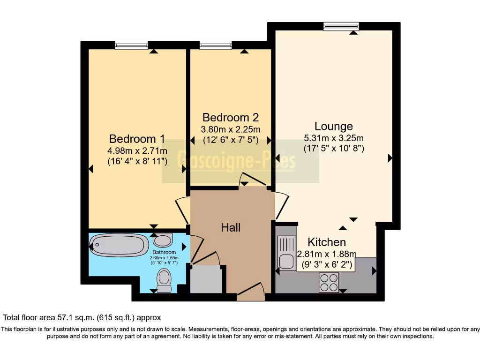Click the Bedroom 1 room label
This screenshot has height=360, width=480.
pyautogui.click(x=137, y=139)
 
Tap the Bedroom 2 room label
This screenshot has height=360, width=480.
pyautogui.click(x=230, y=117)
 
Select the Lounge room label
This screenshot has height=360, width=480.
pyautogui.click(x=333, y=127)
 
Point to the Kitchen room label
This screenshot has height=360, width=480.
pyautogui.click(x=327, y=242)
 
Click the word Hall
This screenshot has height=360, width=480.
pyautogui.click(x=231, y=228)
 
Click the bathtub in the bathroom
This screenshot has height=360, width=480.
pyautogui.click(x=119, y=245)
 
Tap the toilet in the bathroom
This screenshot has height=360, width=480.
pyautogui.click(x=164, y=281)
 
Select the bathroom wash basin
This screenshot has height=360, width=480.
pyautogui.click(x=163, y=241)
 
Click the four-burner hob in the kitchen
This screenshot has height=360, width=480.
pyautogui.click(x=329, y=282)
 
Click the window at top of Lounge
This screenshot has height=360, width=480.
pyautogui.click(x=341, y=27)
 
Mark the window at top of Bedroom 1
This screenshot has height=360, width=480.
pyautogui.click(x=131, y=45)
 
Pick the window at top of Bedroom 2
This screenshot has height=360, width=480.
pyautogui.click(x=216, y=45)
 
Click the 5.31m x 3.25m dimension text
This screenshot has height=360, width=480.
pyautogui.click(x=333, y=138)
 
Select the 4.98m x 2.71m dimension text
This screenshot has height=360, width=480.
pyautogui.click(x=137, y=151)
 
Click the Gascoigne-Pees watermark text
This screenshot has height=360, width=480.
pyautogui.click(x=237, y=161)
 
